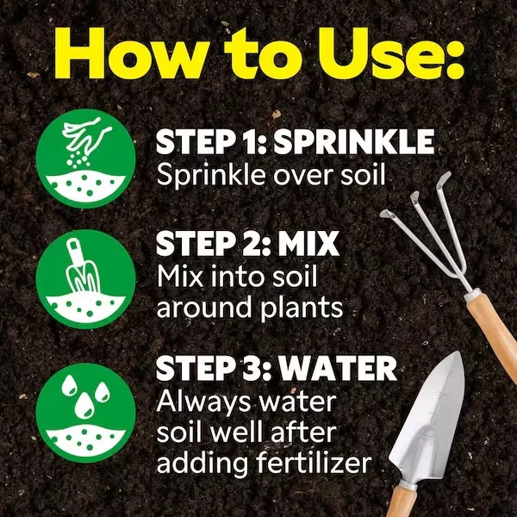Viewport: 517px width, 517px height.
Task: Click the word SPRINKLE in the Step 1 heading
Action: click(x=353, y=142)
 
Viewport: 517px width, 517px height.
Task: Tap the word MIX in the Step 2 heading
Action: click(x=308, y=244)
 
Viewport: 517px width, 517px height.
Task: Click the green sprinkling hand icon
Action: click(x=85, y=159)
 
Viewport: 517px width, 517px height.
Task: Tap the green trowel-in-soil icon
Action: click(x=85, y=279)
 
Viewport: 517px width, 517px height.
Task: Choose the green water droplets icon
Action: click(x=85, y=413)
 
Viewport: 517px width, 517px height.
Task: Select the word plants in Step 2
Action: click(x=302, y=308)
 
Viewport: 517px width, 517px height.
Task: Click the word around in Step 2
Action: click(x=204, y=306)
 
